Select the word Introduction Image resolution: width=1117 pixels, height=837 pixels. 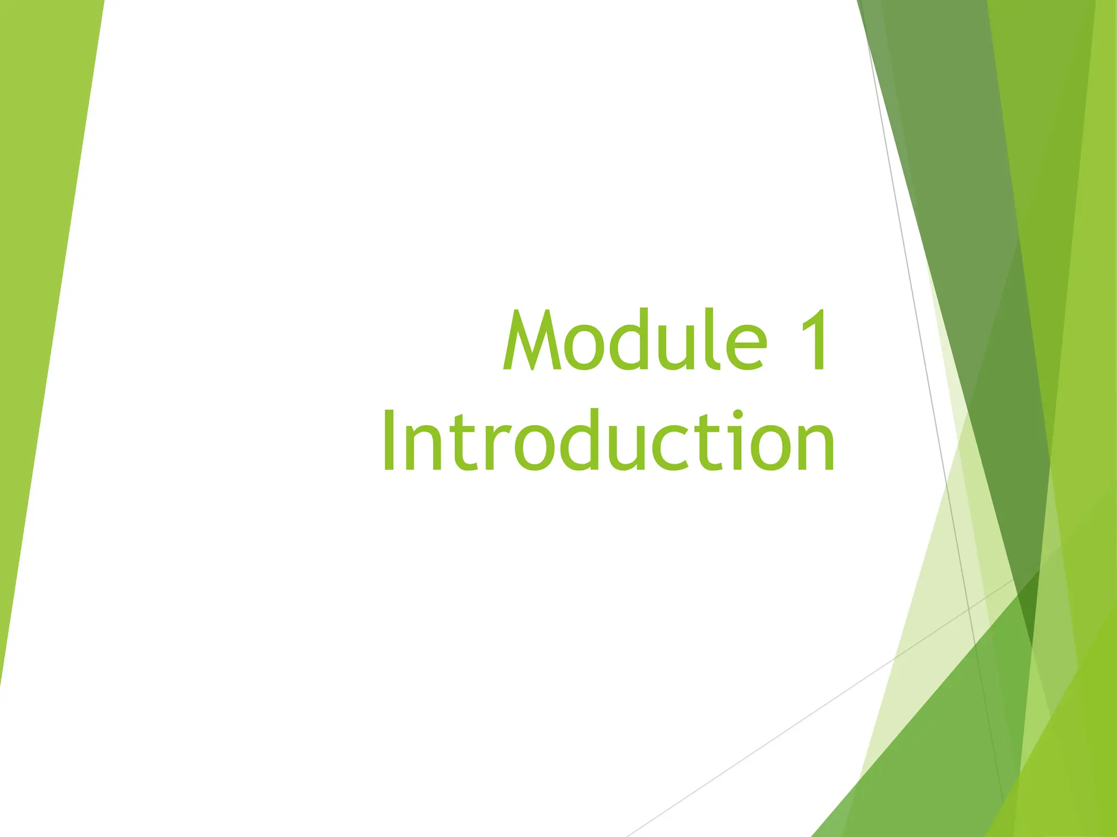click(608, 440)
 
